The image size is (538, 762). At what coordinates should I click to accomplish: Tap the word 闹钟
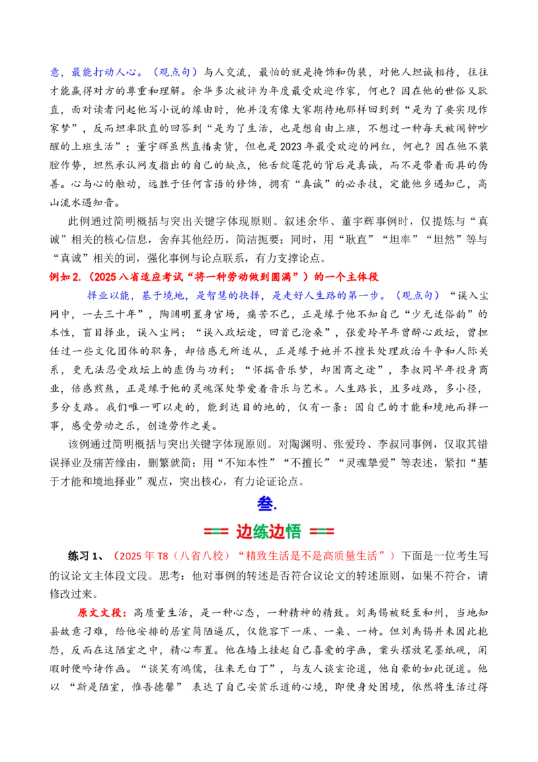(455, 129)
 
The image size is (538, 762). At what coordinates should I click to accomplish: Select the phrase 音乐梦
(293, 370)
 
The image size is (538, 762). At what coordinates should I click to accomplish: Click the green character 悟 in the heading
(293, 532)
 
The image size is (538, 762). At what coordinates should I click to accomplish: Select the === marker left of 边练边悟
(216, 532)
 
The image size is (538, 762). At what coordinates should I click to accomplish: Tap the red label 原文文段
(99, 613)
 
